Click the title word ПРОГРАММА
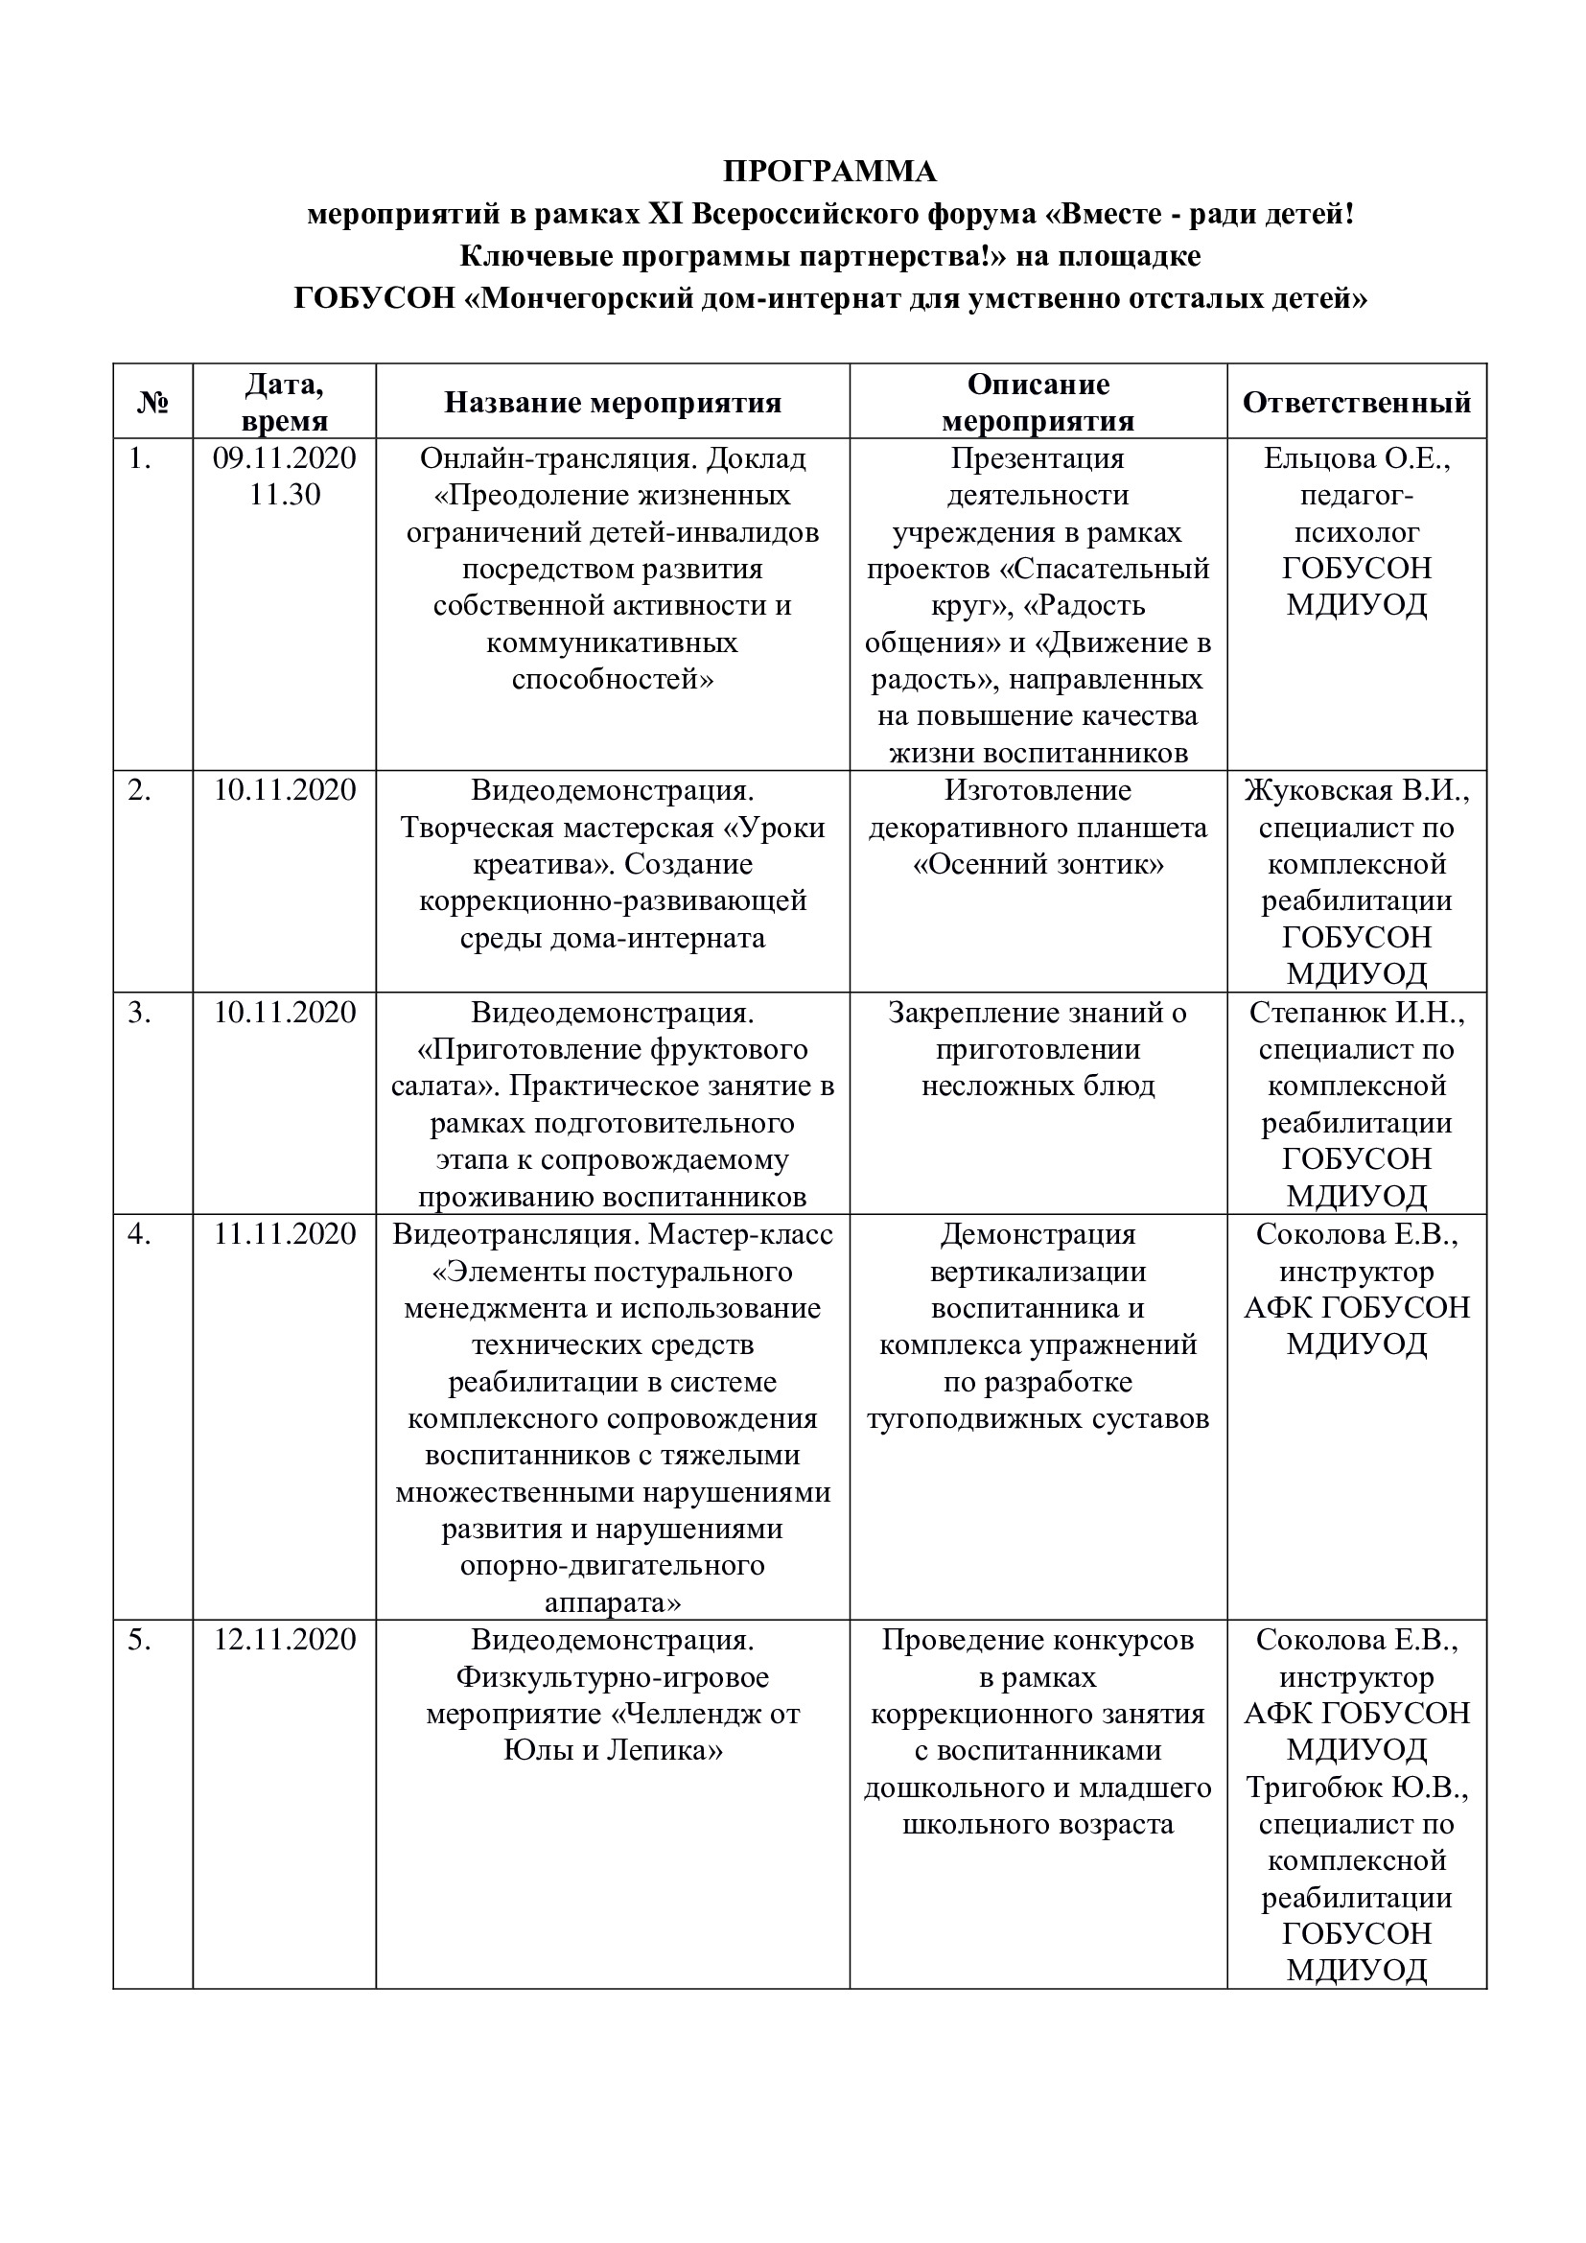[829, 171]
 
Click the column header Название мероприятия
[613, 403]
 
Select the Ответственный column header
[1357, 403]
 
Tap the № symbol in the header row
[152, 403]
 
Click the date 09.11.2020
[284, 458]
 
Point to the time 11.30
[284, 494]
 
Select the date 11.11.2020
[284, 1234]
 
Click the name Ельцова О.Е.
[1357, 458]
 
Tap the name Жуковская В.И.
[1357, 790]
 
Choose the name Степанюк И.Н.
[1357, 1012]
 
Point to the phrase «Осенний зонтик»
[1038, 865]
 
